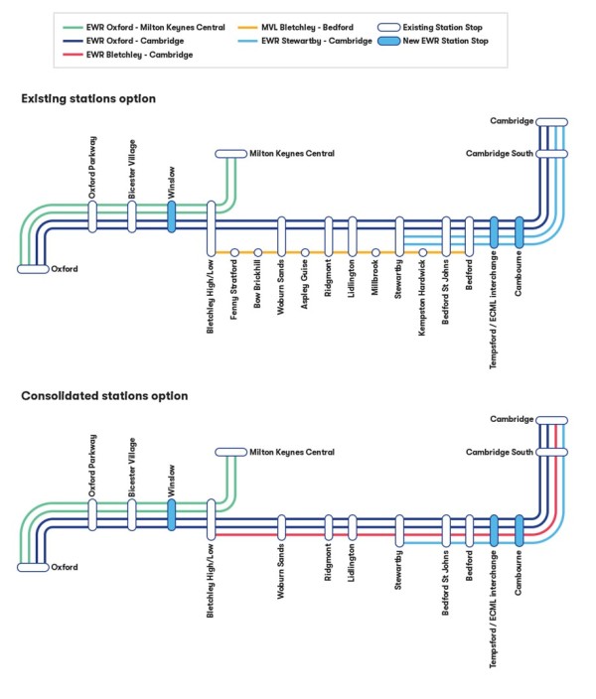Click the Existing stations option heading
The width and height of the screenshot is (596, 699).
tap(88, 99)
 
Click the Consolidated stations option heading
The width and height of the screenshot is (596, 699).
tap(104, 396)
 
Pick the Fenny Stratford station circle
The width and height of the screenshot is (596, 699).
tap(234, 252)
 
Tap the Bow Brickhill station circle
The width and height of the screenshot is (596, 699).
tap(258, 252)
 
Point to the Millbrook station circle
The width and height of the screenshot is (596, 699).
tap(376, 252)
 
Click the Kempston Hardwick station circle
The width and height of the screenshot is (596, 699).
tap(423, 252)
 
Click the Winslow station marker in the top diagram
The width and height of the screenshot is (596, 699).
tap(172, 217)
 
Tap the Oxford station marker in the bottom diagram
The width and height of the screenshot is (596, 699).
tap(33, 567)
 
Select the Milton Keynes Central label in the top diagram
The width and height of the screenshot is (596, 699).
tap(292, 154)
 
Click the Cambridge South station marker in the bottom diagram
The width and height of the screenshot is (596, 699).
tap(551, 453)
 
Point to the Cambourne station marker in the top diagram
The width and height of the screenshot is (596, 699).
tap(519, 232)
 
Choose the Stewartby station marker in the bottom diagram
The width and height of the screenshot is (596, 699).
tap(399, 530)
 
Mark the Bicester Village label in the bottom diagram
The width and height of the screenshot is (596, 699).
tap(131, 464)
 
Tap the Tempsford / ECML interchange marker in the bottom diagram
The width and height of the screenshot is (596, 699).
tap(494, 530)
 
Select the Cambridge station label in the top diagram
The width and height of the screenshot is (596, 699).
tap(512, 120)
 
